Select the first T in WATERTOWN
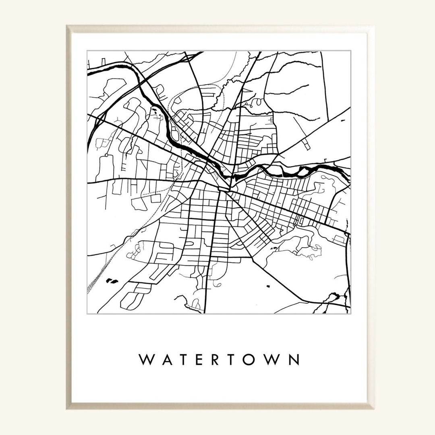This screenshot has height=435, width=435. (183, 360)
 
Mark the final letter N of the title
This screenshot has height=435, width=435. (294, 360)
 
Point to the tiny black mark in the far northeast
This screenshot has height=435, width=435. (343, 120)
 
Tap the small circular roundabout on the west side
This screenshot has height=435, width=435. (106, 155)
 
